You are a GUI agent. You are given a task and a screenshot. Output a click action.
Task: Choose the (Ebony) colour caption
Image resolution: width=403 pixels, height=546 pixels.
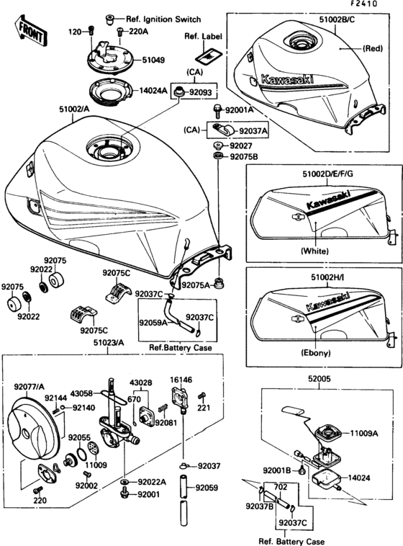tap(318, 354)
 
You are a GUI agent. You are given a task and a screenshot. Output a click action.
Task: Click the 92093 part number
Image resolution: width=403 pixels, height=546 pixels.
tap(201, 93)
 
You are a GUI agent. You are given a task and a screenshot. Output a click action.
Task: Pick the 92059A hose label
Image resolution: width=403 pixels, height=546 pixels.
tap(153, 323)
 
